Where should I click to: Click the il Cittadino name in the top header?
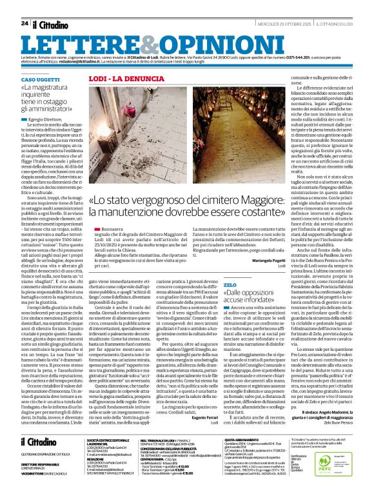click(52, 23)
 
